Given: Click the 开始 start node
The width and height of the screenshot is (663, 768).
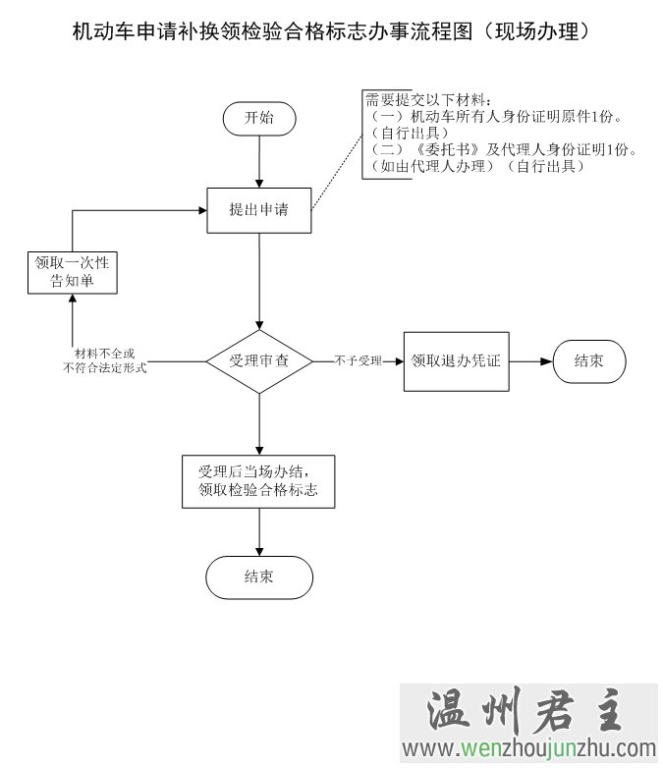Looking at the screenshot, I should [x=259, y=118].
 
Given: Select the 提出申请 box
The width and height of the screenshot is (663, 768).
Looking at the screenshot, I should [x=259, y=209].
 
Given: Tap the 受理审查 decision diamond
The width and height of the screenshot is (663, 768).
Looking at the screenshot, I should [x=259, y=361].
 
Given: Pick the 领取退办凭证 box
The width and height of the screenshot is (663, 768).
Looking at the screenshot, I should [x=456, y=361].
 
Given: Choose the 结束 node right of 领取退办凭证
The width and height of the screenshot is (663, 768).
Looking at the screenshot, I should [x=589, y=361].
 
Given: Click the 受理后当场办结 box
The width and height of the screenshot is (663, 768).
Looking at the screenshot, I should [x=259, y=480].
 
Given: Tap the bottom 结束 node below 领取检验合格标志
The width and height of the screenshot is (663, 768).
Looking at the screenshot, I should [x=259, y=576].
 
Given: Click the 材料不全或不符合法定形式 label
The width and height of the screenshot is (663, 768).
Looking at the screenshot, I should [x=104, y=360].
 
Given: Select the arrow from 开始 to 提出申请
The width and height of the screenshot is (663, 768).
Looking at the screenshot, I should [x=259, y=161].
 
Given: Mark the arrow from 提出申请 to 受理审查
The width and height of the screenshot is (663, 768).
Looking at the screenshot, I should [x=259, y=281].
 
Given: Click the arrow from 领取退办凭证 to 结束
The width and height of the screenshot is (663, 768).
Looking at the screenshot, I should [x=530, y=361].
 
